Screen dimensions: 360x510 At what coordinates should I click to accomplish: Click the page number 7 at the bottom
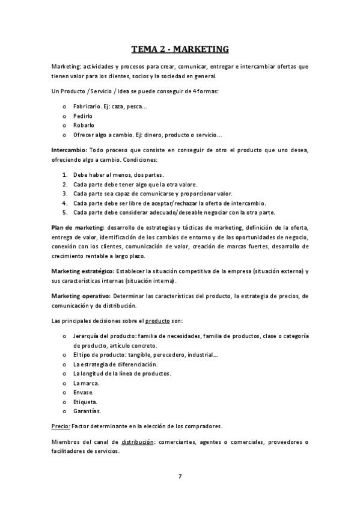pyautogui.click(x=180, y=476)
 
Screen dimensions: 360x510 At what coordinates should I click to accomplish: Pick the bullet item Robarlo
pyautogui.click(x=84, y=124)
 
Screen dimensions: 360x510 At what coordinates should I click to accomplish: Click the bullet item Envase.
pyautogui.click(x=84, y=393)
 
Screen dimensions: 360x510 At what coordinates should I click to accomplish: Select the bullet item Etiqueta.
pyautogui.click(x=85, y=402)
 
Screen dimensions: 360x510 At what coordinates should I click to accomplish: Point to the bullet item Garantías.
pyautogui.click(x=87, y=411)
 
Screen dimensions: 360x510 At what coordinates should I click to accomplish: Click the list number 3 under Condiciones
pyautogui.click(x=64, y=194)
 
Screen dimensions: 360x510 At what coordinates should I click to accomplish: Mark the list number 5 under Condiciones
pyautogui.click(x=64, y=212)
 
